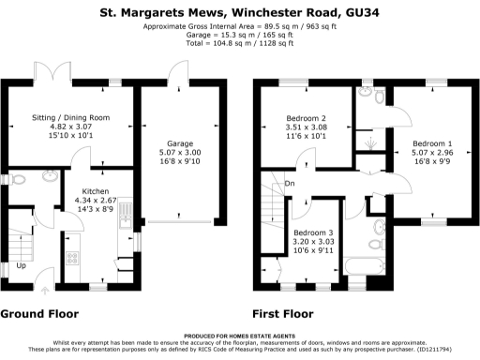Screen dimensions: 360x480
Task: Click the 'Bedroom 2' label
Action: tap(306, 119)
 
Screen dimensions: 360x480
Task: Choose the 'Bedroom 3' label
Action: tap(311, 232)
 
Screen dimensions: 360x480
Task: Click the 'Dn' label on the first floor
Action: tap(291, 184)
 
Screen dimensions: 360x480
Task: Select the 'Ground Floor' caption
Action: tap(39, 314)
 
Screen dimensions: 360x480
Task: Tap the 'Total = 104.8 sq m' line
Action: tap(239, 43)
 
